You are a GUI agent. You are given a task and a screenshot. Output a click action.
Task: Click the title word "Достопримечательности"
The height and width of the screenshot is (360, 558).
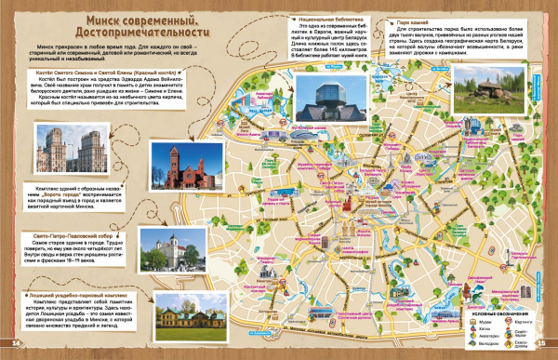(x=139, y=35)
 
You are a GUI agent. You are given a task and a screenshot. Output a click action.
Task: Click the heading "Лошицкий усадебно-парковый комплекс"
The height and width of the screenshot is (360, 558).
(x=76, y=294)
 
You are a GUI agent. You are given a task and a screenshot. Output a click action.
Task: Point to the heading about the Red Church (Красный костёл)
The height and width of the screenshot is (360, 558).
(x=98, y=70)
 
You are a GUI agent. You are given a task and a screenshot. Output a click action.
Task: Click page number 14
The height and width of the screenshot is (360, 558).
(x=16, y=344)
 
